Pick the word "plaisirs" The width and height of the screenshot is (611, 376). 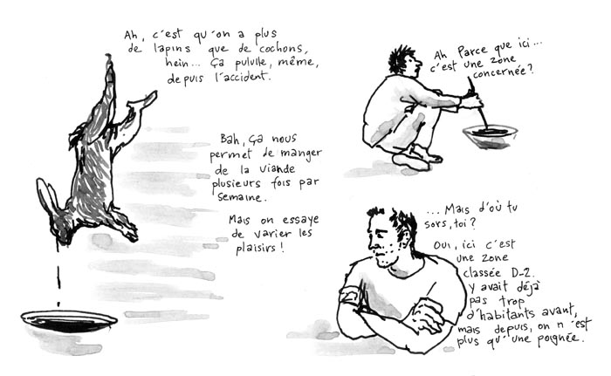pyautogui.click(x=258, y=248)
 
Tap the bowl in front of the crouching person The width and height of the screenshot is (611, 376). pyautogui.click(x=490, y=133)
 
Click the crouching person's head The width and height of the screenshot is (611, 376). pyautogui.click(x=404, y=63)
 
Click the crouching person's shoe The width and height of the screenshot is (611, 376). pyautogui.click(x=410, y=161)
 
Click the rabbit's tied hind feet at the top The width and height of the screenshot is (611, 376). pyautogui.click(x=109, y=65)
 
